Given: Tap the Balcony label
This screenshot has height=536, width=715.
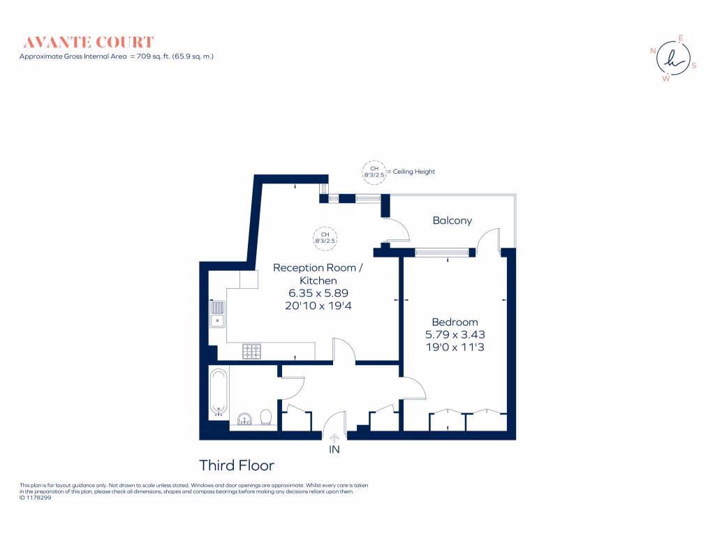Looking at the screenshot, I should pos(452,221).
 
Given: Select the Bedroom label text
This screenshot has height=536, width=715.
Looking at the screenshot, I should pos(455,322).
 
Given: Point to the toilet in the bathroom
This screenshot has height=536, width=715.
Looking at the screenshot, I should pos(265,417).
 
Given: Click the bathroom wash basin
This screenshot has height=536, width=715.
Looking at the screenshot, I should pos(244,419).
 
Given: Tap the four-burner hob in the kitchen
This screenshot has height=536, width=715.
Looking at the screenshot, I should pos(251,352).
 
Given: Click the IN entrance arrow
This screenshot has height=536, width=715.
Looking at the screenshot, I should pos(334,438).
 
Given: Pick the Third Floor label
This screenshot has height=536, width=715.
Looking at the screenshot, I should pos(237,466).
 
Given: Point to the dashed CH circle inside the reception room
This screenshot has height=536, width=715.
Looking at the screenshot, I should pos(325,237).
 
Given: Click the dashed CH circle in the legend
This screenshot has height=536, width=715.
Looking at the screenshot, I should pos(374,172).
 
